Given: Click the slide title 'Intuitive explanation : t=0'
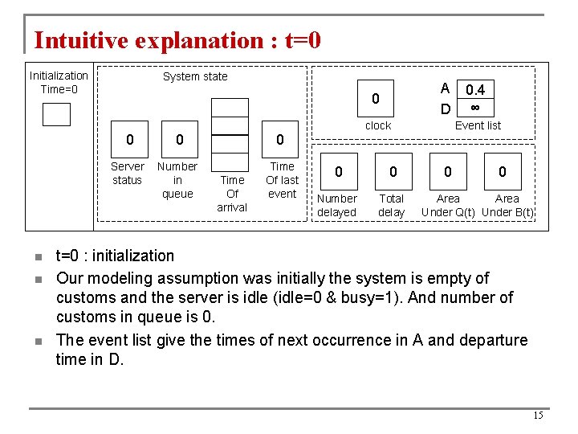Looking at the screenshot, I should (177, 40).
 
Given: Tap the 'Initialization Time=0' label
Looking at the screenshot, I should (59, 82).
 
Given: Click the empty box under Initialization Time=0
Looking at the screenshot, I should (56, 115).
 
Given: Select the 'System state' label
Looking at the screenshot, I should (195, 76).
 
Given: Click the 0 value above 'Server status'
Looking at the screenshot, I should (129, 140).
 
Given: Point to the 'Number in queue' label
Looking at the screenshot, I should (177, 180).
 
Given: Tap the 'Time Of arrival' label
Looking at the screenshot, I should (232, 194).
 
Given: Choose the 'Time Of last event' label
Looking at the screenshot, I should (282, 180).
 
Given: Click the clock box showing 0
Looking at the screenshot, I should (375, 100).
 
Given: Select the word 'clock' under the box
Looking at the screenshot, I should (378, 125).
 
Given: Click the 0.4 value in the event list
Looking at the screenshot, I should (475, 90).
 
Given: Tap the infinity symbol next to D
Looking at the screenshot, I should (475, 107).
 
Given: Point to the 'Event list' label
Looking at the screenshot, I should (478, 125).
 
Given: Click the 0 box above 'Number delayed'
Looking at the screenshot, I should (338, 171).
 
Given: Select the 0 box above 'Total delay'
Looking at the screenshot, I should (393, 171).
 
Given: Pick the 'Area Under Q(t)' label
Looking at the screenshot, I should (448, 205).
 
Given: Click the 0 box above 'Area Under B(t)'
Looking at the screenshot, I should (503, 171).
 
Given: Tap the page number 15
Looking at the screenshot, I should (538, 416).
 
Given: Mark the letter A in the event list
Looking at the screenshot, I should (445, 89).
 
